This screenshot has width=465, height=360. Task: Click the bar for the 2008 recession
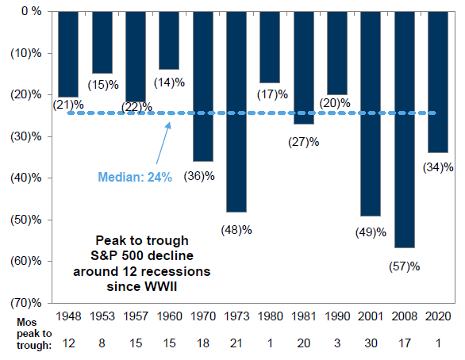(x=405, y=129)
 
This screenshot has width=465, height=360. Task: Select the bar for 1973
(x=236, y=112)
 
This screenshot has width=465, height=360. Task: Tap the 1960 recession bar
(x=169, y=40)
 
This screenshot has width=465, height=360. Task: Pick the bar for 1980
(x=270, y=47)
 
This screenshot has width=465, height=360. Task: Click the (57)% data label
(x=405, y=266)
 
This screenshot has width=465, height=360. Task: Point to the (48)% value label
(x=236, y=230)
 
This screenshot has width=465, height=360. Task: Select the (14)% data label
(x=169, y=82)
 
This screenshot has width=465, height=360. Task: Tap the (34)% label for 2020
(x=438, y=167)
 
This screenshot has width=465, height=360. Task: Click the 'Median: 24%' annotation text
(x=135, y=177)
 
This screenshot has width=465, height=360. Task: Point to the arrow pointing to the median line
(x=163, y=143)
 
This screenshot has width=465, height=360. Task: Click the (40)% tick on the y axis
(x=26, y=178)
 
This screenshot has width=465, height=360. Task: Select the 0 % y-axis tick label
(x=32, y=12)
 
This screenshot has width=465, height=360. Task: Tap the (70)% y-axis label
(x=26, y=303)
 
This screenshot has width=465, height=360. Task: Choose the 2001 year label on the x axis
(x=371, y=316)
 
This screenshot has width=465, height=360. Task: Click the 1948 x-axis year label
(x=68, y=316)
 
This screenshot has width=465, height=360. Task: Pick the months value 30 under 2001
(x=371, y=343)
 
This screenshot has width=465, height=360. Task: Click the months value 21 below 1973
(x=236, y=343)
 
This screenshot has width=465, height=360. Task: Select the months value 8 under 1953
(x=102, y=343)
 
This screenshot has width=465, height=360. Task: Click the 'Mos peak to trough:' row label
(x=34, y=334)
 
